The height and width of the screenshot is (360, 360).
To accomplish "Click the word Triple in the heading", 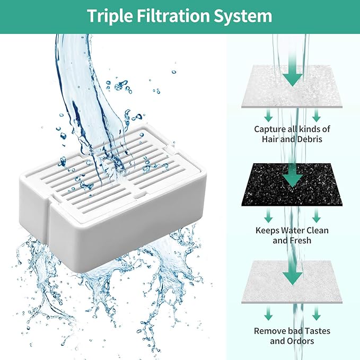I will (x=110, y=16).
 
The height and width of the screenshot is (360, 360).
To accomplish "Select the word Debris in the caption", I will (x=311, y=139).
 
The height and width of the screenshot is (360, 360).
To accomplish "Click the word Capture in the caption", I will (x=270, y=129).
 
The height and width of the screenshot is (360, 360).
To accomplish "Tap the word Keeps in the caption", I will (x=267, y=230).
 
